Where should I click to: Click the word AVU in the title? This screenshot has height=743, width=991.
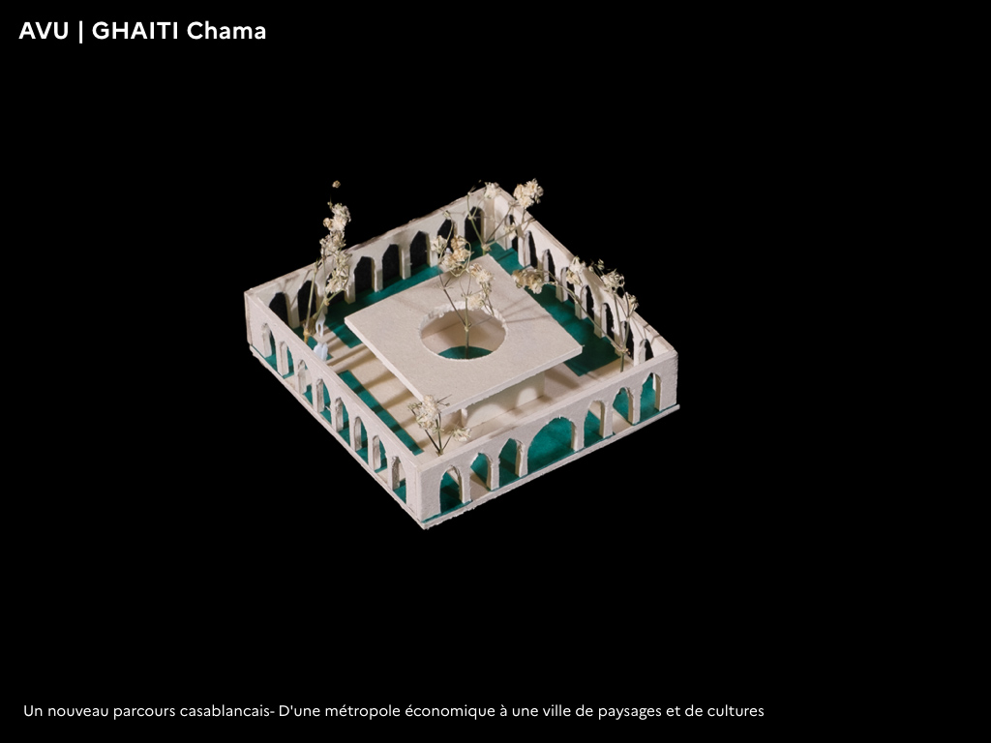coord(44,31)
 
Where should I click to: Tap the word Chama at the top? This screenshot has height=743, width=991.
coord(226,31)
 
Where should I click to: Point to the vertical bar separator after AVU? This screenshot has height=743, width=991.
coord(80,32)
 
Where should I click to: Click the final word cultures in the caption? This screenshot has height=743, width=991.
coord(736,711)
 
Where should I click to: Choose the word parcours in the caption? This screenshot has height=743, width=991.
coord(144,712)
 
